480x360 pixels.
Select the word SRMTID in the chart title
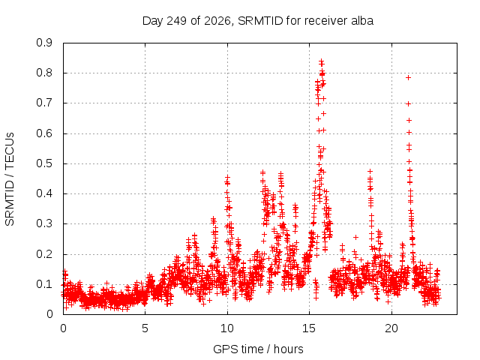[260, 21]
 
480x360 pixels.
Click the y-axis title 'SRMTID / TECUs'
[10, 179]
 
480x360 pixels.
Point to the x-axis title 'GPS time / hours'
[258, 349]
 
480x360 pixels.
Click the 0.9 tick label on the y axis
[44, 43]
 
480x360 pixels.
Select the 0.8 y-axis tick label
[44, 73]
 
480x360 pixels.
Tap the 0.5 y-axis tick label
[44, 163]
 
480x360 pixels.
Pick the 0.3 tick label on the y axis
[44, 223]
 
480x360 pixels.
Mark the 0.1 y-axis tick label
[44, 284]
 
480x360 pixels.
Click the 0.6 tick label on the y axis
[44, 133]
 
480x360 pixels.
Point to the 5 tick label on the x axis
[145, 328]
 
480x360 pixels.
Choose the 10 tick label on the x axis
[227, 328]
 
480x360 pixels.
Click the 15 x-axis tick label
[309, 328]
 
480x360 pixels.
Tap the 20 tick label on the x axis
[391, 328]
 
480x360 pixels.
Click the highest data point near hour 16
[321, 61]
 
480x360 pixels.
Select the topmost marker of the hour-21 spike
[408, 78]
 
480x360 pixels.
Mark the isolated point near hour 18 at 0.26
[355, 237]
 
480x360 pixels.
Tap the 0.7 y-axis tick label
[44, 103]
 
